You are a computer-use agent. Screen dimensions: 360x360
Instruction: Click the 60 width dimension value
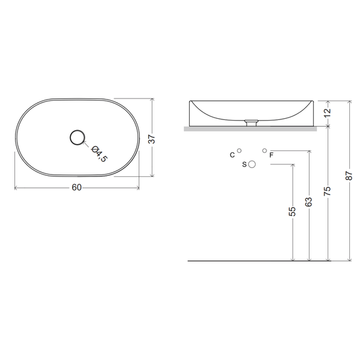pos(77,187)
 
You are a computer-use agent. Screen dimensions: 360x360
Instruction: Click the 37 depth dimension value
pos(152,139)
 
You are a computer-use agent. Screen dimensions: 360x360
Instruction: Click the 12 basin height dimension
pos(328,112)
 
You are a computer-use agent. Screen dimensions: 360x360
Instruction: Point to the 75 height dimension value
pos(328,191)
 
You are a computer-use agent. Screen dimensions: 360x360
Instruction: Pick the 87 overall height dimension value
pos(349,175)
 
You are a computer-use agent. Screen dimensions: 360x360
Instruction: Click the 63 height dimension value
pos(309,202)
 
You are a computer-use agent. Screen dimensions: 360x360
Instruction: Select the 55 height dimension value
pos(292,211)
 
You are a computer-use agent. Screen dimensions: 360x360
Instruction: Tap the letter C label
pos(232,155)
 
